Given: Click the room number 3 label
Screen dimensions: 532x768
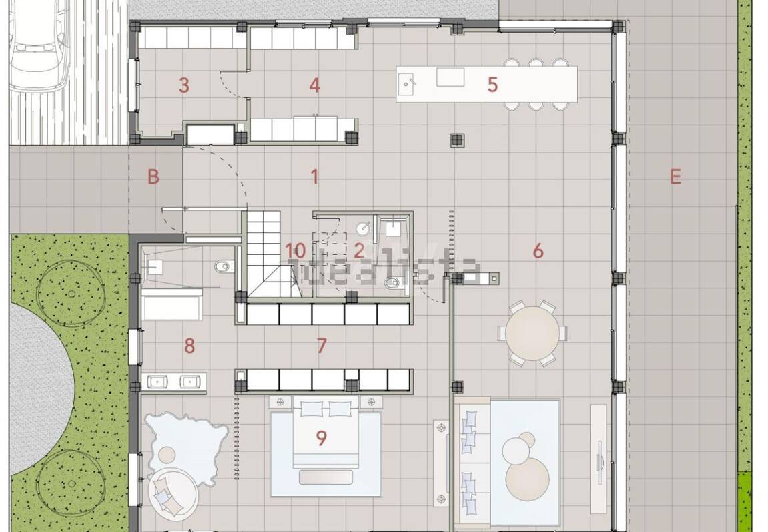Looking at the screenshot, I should (x=184, y=85).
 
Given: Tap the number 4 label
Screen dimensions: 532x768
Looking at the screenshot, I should (x=315, y=85).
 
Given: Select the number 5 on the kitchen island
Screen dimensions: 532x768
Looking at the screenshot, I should (x=492, y=85).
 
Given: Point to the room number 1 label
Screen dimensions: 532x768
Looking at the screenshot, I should (x=314, y=177).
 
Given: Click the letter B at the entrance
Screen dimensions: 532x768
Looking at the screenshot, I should (x=153, y=177).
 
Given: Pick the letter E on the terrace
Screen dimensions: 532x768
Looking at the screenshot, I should (x=675, y=177).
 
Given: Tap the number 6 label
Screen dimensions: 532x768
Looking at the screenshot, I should (x=538, y=251).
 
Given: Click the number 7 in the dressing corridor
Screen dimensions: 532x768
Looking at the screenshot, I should (x=322, y=346).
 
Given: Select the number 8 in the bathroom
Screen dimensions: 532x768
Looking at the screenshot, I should (x=189, y=346).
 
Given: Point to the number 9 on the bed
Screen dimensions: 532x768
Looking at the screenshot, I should (x=322, y=438).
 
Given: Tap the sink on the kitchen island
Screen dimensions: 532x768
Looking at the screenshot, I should (x=408, y=83).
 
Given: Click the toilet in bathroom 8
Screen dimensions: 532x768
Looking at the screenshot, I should (x=222, y=266).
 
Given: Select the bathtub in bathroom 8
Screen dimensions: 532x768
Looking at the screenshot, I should (x=172, y=306).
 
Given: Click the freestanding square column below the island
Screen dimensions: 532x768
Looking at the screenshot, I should (x=457, y=140).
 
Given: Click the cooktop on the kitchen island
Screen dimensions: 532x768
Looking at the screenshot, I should (x=450, y=77).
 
